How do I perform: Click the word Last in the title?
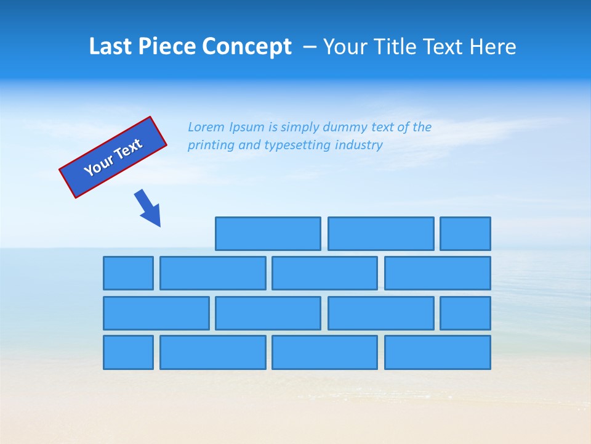110,47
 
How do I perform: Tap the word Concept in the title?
248,47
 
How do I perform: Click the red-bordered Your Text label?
113,157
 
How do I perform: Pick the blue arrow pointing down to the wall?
148,208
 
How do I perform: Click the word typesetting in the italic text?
297,146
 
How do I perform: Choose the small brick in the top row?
465,234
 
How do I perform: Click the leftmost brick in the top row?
268,234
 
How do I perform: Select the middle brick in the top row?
380,234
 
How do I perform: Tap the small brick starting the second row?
128,273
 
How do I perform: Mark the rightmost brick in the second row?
438,273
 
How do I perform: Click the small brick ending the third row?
465,313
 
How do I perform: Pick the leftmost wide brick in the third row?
156,313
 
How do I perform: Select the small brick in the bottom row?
128,353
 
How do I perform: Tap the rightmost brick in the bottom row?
438,353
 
